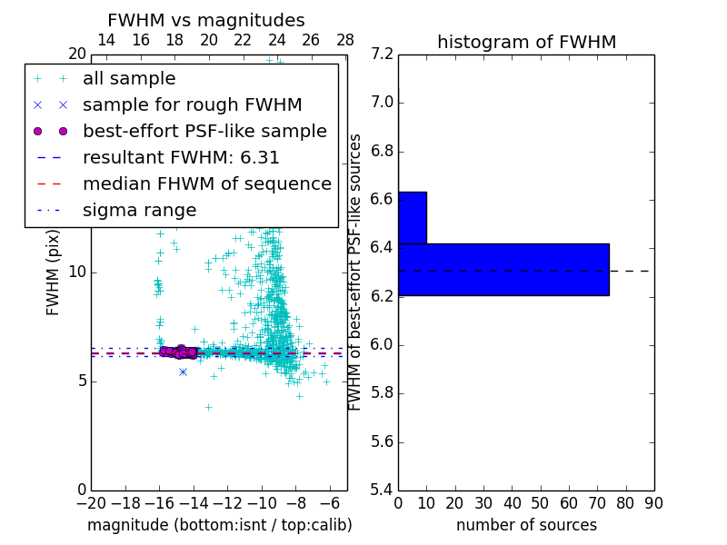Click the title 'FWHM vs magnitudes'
[x=206, y=21]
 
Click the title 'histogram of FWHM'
[x=526, y=42]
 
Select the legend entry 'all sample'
[x=129, y=79]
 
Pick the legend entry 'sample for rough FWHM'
[x=192, y=105]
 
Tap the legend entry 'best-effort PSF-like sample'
[x=204, y=132]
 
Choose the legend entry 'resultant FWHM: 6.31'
[x=181, y=158]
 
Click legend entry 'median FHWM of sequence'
[x=206, y=184]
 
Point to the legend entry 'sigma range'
[x=139, y=211]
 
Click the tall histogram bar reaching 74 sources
[x=503, y=270]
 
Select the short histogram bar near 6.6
[x=412, y=218]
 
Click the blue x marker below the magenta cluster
[x=183, y=372]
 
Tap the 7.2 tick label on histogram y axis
[x=381, y=54]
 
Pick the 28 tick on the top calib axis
[x=345, y=41]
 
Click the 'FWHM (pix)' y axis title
[x=54, y=272]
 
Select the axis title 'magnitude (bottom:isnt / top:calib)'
[x=219, y=526]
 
